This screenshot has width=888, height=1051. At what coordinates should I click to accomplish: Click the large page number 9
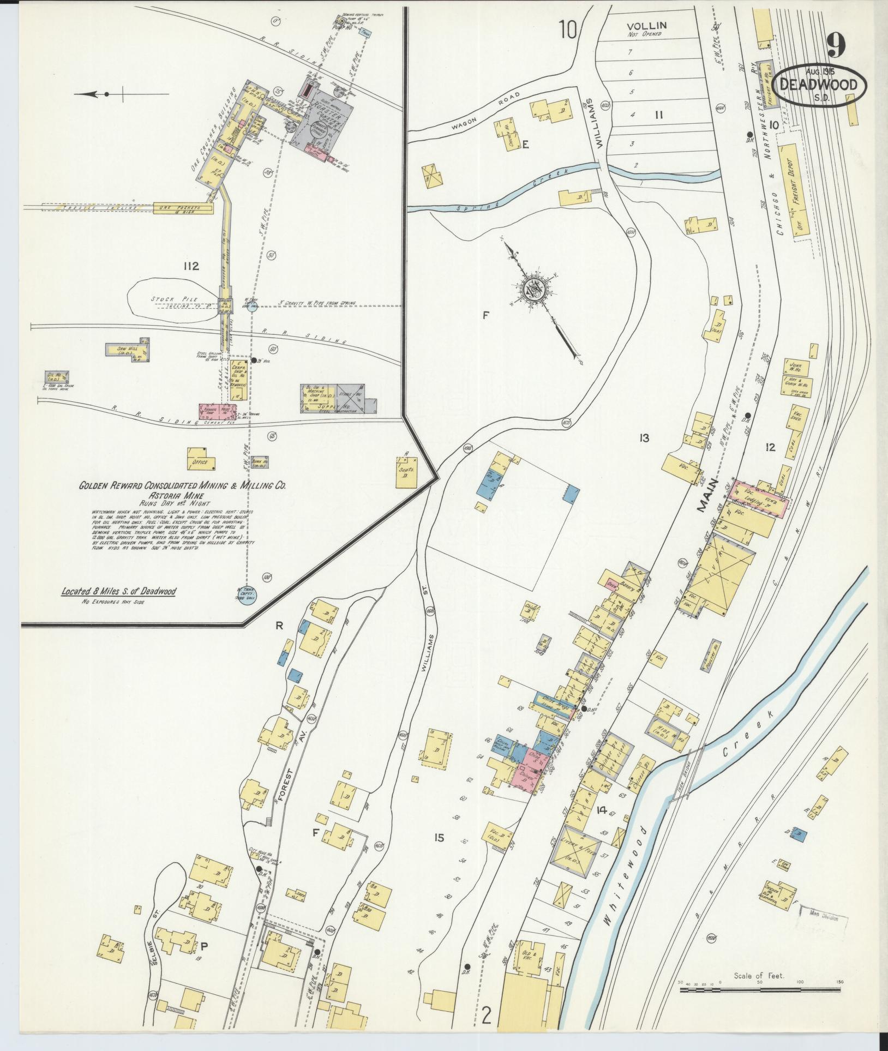[x=836, y=45]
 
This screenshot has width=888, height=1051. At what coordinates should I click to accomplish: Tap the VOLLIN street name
[x=646, y=26]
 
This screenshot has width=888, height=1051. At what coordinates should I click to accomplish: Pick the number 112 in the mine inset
[x=191, y=266]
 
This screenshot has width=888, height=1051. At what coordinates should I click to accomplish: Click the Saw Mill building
[x=127, y=349]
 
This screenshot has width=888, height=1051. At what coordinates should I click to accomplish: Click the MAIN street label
[x=706, y=499]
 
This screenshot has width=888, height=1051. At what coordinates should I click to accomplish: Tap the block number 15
[x=439, y=837]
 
